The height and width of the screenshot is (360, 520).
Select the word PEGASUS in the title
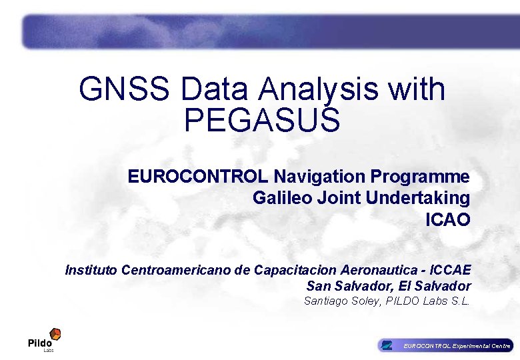[262, 121]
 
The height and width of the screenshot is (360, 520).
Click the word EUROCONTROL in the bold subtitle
[199, 177]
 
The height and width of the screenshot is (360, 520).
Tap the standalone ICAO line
[447, 219]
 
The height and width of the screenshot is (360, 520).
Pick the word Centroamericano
[177, 270]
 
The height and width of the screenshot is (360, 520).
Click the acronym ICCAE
[451, 270]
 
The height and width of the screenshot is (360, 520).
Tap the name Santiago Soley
[335, 301]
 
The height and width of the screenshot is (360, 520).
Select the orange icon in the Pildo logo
[56, 333]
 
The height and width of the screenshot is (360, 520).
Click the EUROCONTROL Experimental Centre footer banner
[445, 345]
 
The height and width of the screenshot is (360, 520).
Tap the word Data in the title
[216, 89]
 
